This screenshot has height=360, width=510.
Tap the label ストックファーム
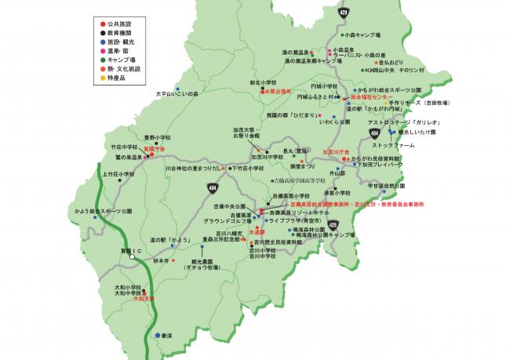coord(393,145)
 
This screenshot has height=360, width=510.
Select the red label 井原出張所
coord(280,91)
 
